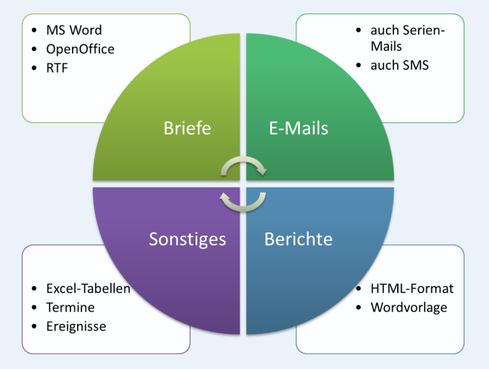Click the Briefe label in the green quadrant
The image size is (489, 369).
tap(187, 128)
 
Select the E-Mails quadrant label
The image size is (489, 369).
tap(298, 128)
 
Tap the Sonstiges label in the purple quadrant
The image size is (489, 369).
tap(187, 239)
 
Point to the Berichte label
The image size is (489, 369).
tap(299, 239)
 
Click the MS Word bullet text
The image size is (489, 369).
tap(74, 30)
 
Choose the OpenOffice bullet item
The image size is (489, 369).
tap(81, 49)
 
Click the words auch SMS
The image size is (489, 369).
tap(400, 65)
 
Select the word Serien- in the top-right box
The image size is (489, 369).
tap(423, 30)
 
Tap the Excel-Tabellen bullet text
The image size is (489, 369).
tap(88, 288)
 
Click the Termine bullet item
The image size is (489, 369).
tap(70, 307)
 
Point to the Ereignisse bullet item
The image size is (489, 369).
tap(76, 326)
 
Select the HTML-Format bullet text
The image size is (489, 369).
tap(412, 288)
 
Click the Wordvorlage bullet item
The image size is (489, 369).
tap(409, 307)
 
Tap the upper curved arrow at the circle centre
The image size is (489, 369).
tap(244, 167)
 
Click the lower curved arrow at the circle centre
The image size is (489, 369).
tap(244, 200)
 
